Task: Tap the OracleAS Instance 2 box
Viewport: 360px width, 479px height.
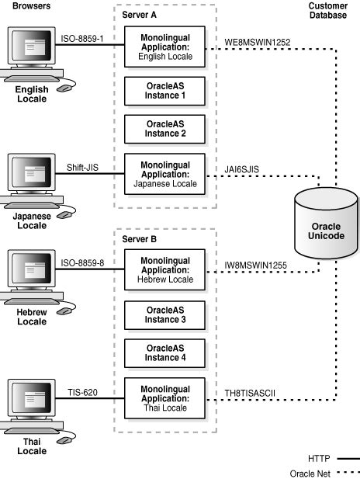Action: click(x=164, y=129)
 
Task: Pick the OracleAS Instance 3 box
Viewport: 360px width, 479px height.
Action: click(x=164, y=314)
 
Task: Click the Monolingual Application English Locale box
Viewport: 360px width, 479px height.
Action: click(x=164, y=46)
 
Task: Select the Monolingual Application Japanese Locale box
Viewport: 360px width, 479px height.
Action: click(x=164, y=175)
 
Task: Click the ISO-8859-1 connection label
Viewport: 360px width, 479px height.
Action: click(x=83, y=36)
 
